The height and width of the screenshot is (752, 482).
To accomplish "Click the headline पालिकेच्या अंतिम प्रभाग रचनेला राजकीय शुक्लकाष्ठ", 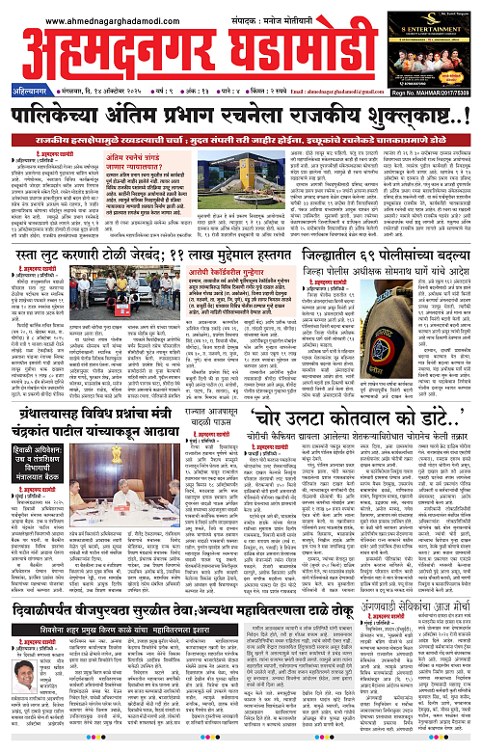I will pos(241,119).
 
